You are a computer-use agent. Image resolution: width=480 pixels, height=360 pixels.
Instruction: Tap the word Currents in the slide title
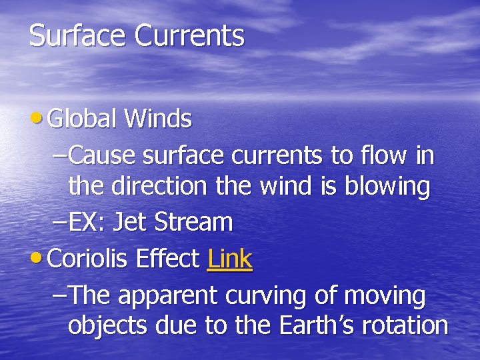pyautogui.click(x=189, y=36)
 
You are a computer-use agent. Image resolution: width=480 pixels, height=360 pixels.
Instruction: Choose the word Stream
pyautogui.click(x=193, y=222)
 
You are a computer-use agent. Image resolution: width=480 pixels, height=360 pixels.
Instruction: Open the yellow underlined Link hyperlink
pyautogui.click(x=230, y=259)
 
